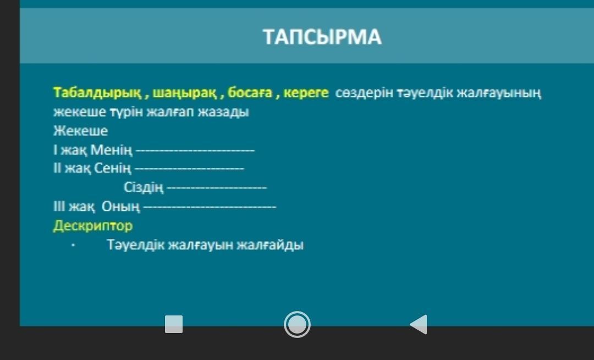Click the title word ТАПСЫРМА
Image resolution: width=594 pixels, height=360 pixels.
pyautogui.click(x=322, y=37)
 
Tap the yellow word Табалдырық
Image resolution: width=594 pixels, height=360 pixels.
pyautogui.click(x=97, y=93)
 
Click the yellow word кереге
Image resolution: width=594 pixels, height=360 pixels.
pyautogui.click(x=306, y=93)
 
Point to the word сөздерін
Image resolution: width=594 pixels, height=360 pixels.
pyautogui.click(x=364, y=93)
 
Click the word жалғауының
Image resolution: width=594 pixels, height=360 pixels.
pyautogui.click(x=498, y=93)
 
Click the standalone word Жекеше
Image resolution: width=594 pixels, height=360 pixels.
pyautogui.click(x=81, y=131)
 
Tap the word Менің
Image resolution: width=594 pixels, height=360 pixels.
pyautogui.click(x=111, y=150)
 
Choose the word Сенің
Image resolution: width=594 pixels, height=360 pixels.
pyautogui.click(x=113, y=168)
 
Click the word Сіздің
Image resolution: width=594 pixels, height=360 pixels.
pyautogui.click(x=144, y=187)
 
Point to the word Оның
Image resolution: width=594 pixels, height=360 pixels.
pyautogui.click(x=120, y=207)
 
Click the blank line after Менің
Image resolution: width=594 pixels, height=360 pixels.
pyautogui.click(x=195, y=151)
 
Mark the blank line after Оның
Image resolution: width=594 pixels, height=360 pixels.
pyautogui.click(x=210, y=208)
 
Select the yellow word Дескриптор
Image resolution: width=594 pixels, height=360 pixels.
pyautogui.click(x=93, y=226)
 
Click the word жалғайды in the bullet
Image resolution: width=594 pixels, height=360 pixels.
pyautogui.click(x=270, y=245)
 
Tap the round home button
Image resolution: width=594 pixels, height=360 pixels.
pyautogui.click(x=297, y=324)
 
